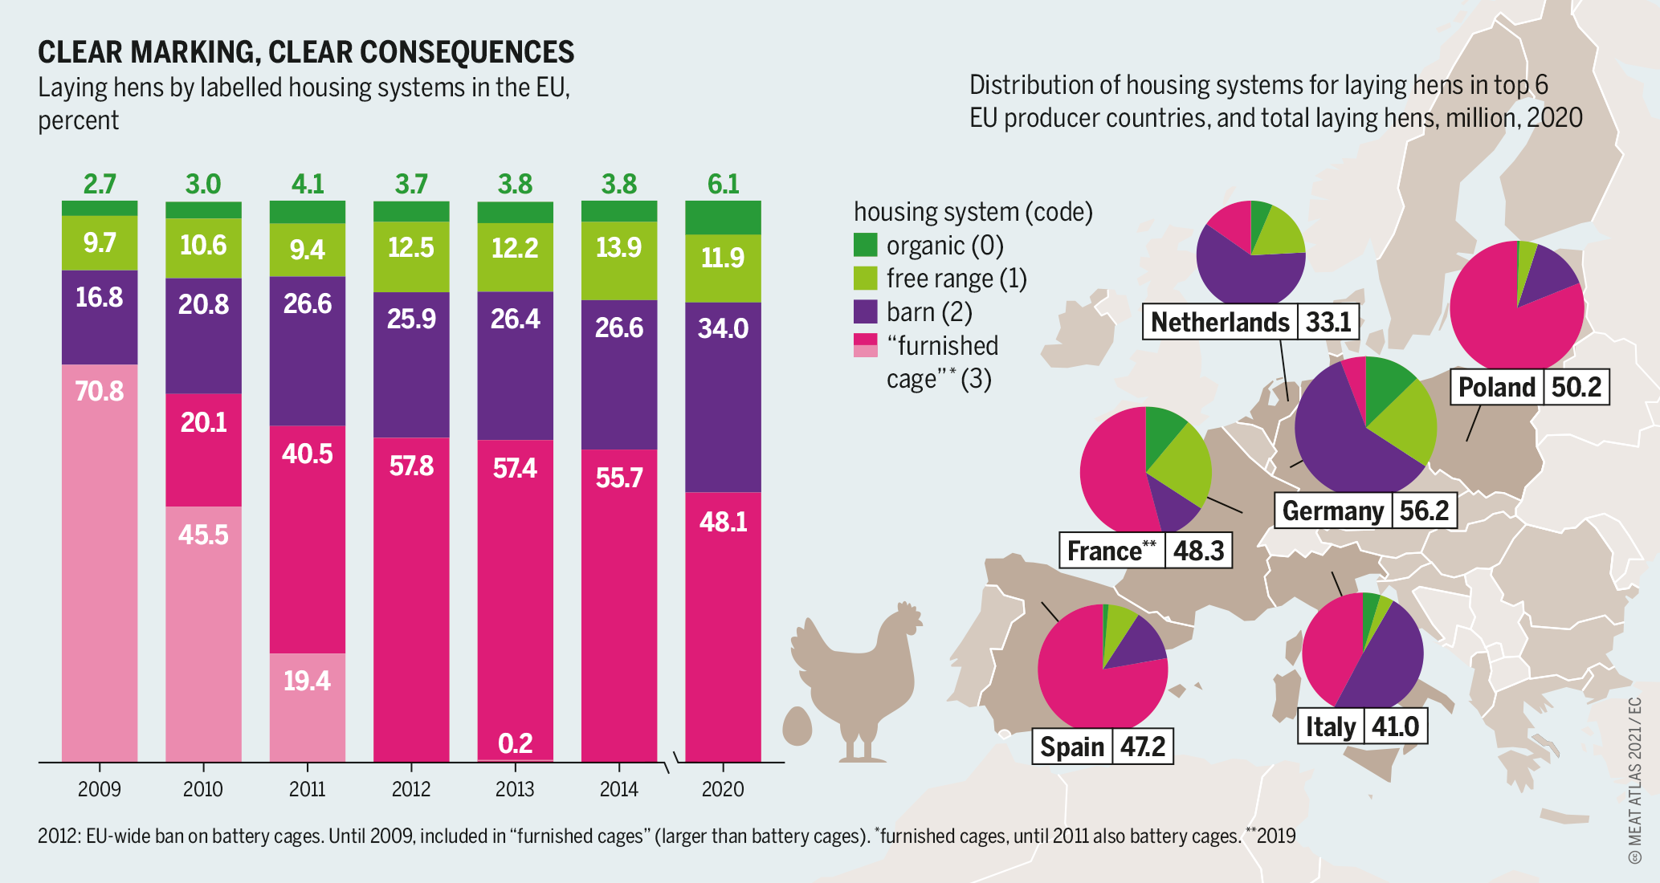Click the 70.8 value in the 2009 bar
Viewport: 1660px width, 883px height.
100,392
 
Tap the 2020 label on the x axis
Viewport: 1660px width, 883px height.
723,789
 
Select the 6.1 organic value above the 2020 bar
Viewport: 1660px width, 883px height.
723,185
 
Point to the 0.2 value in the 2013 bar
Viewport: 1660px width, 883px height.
515,743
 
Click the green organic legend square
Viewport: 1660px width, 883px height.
865,245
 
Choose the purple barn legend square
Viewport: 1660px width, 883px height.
865,311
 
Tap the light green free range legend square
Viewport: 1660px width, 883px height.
865,279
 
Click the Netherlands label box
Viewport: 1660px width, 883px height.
1219,322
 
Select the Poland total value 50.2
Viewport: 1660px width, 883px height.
1576,387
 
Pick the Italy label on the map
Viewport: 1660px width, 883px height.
1330,726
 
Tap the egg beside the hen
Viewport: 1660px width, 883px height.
797,726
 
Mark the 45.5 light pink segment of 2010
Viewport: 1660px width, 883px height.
203,535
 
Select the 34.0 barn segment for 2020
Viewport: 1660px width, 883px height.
723,329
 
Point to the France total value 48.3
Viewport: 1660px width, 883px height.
1198,551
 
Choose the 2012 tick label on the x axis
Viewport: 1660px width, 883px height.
411,789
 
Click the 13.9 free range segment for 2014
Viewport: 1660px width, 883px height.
619,248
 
